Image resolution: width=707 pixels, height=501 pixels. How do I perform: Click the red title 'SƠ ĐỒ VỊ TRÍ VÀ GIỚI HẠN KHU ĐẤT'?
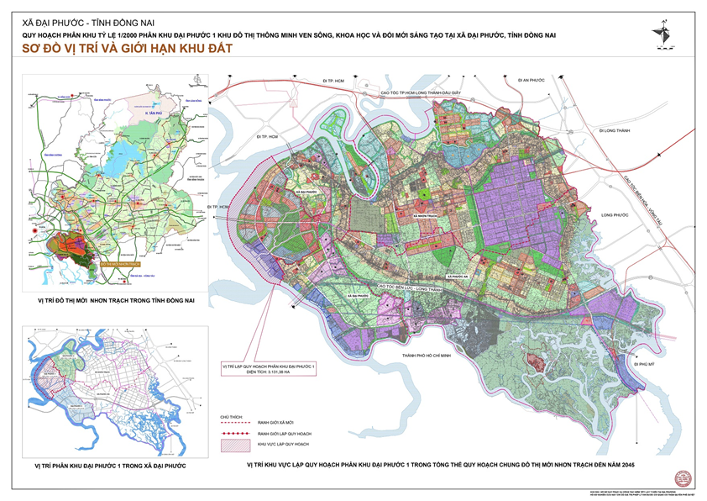[x=126, y=50]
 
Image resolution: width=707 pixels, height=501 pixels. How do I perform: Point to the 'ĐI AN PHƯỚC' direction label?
[x=532, y=80]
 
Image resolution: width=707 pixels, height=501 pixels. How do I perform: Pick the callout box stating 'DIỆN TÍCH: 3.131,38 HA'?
[x=268, y=370]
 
